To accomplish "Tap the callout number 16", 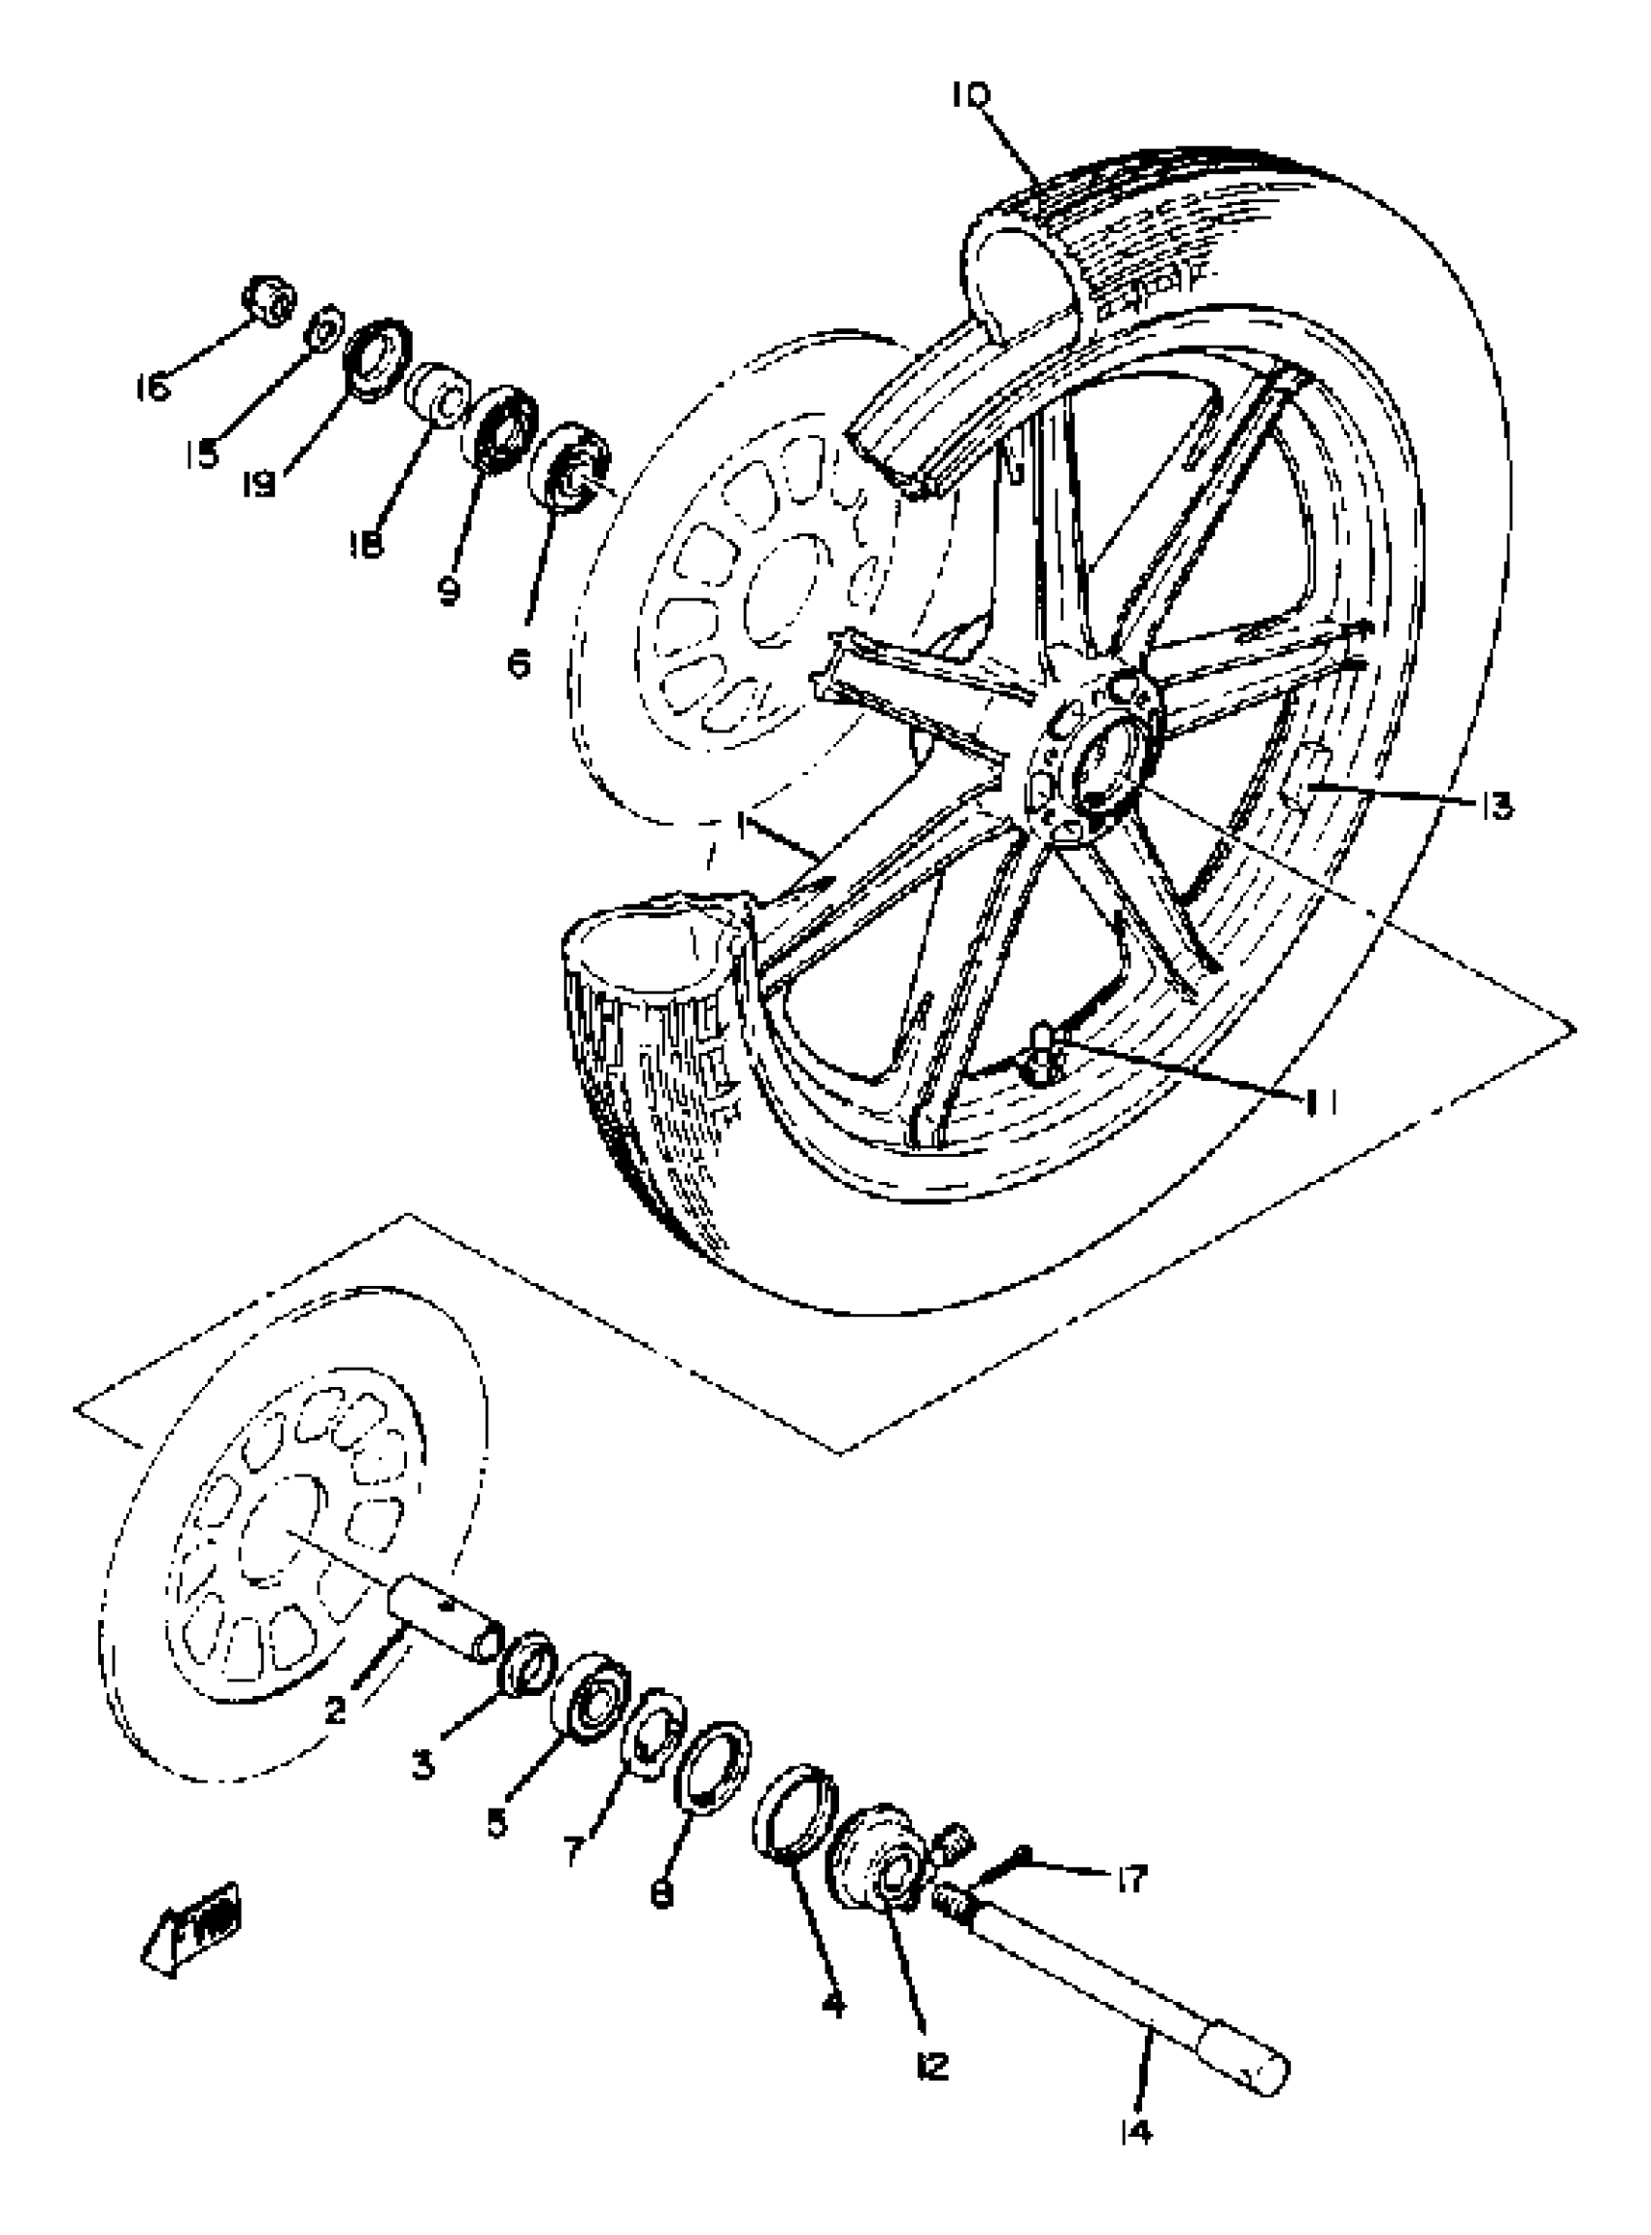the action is coord(152,387).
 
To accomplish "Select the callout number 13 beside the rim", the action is coord(1496,804).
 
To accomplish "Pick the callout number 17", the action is coord(1132,1881).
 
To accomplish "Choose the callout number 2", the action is coord(335,1710).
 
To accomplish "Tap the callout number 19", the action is coord(260,486).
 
